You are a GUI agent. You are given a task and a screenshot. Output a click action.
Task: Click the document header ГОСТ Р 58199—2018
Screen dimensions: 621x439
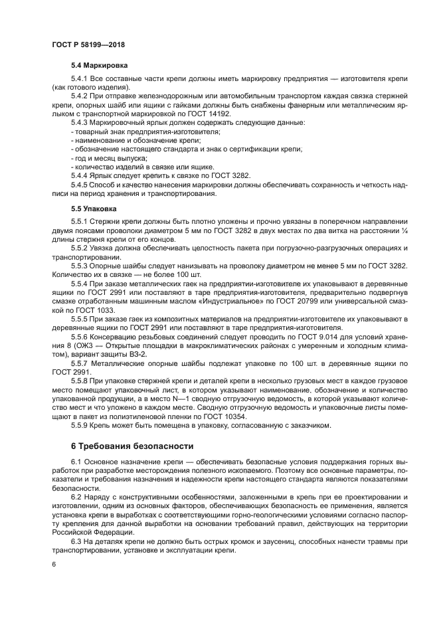88,44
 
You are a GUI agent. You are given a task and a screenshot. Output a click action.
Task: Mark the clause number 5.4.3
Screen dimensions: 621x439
81,123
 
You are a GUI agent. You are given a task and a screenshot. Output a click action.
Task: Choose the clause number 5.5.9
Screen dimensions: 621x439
81,424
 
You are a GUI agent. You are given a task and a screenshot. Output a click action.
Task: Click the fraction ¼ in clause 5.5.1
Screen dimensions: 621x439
404,230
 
